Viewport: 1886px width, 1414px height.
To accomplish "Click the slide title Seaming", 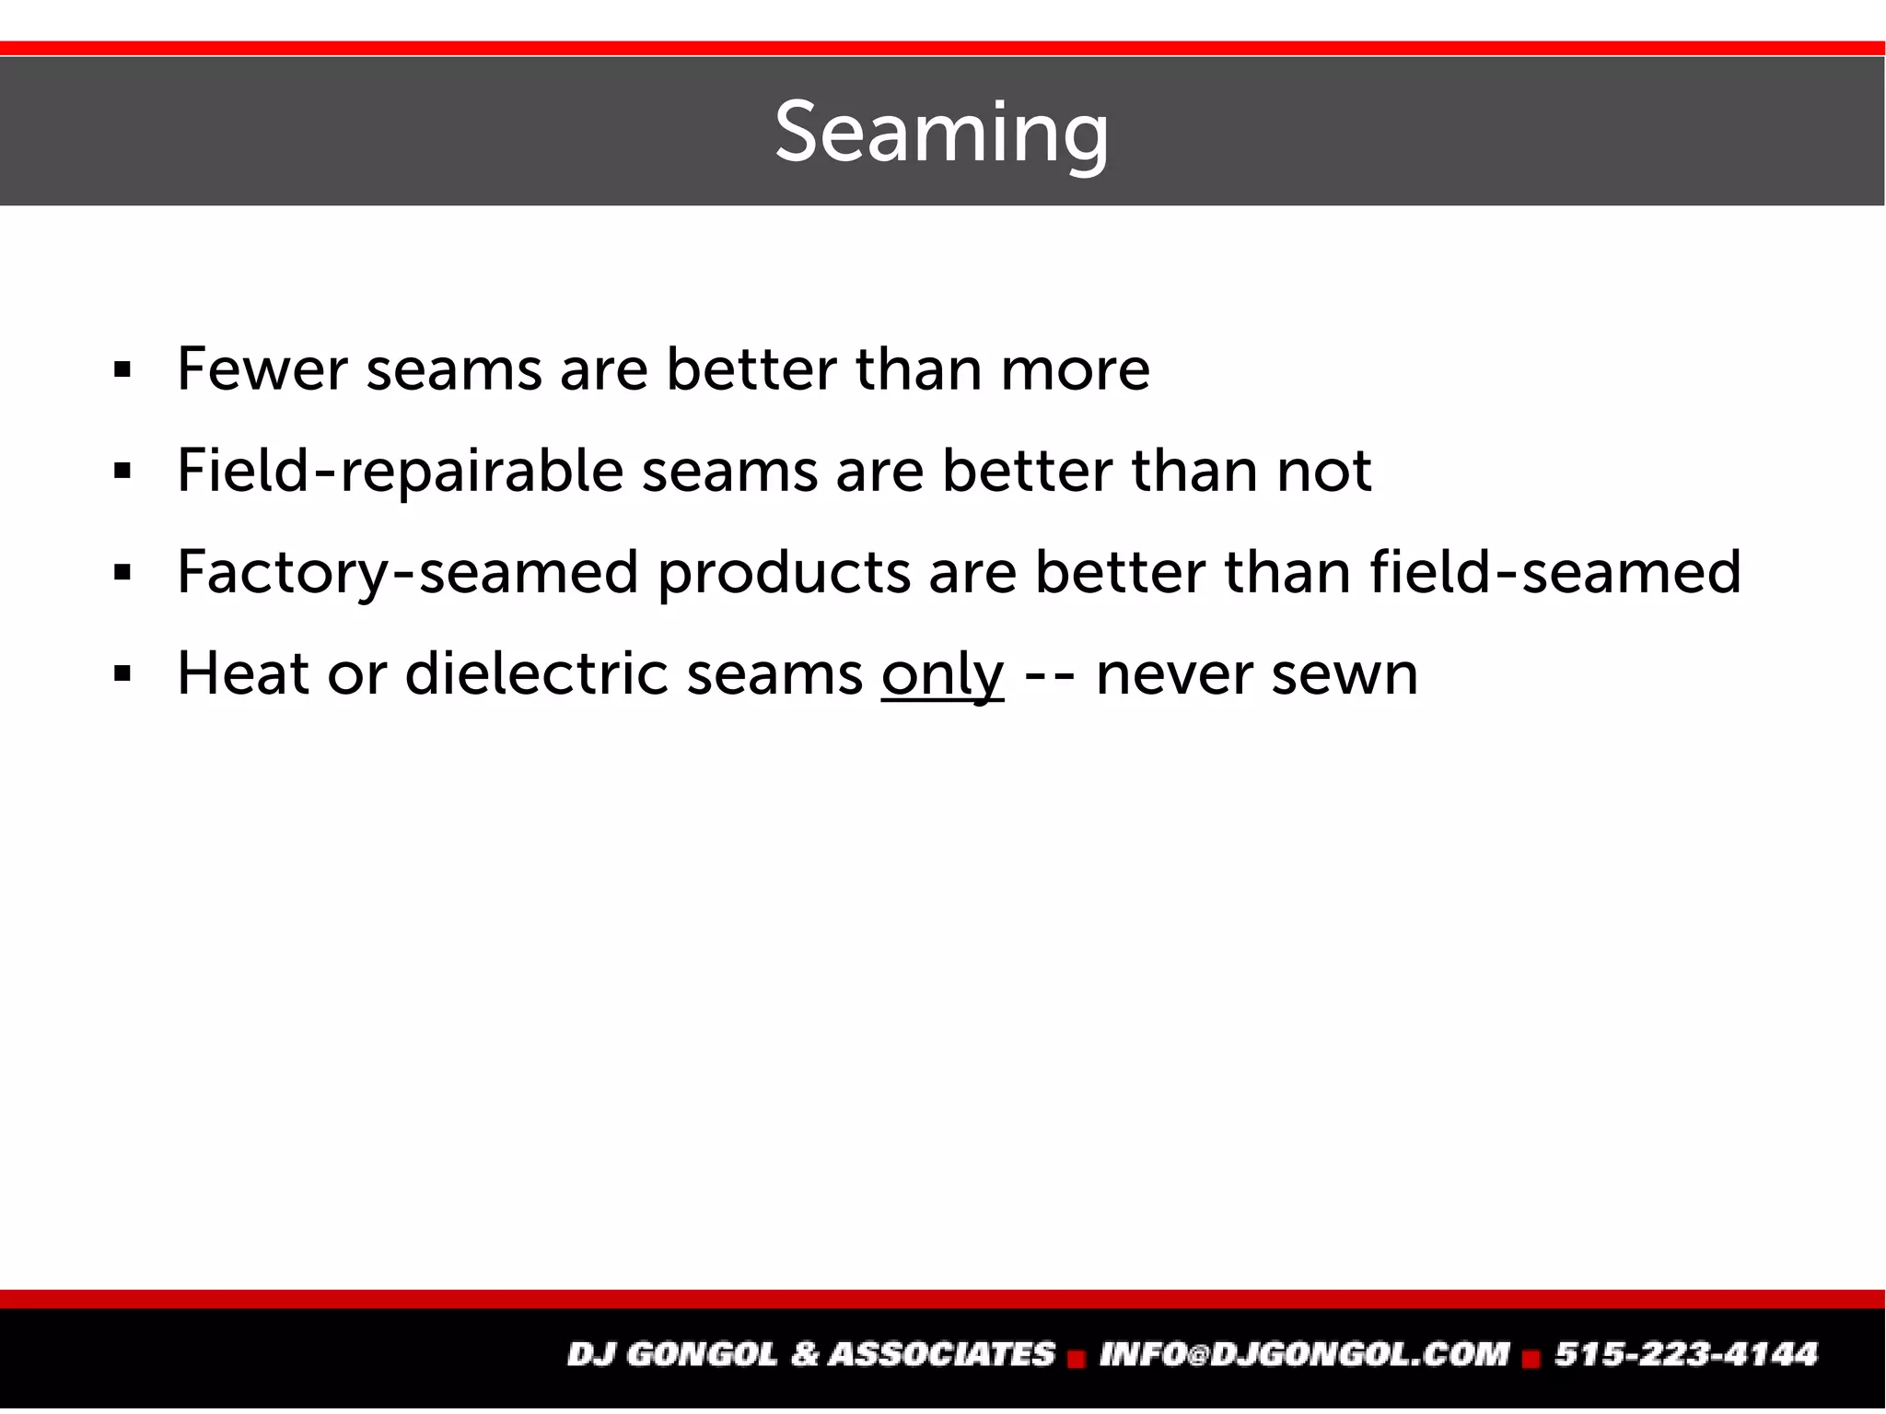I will click(x=941, y=133).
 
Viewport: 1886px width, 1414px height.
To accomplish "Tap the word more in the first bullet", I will click(x=1075, y=370).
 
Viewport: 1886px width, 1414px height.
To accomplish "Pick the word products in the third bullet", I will click(x=784, y=573).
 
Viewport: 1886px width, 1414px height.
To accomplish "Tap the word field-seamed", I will click(x=1555, y=573).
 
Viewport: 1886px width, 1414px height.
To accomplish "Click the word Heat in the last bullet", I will click(x=242, y=674).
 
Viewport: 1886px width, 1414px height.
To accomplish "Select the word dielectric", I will click(x=536, y=674).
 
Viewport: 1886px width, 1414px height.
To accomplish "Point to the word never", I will click(x=1174, y=674).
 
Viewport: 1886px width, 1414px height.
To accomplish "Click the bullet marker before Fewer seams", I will click(x=122, y=371).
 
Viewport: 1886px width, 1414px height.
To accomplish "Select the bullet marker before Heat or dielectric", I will click(x=122, y=675).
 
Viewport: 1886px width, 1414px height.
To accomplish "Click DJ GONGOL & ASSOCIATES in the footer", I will click(x=810, y=1354).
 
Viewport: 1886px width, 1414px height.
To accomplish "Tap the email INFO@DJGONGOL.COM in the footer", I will click(x=1304, y=1354).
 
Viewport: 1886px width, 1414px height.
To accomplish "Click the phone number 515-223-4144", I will click(x=1686, y=1354).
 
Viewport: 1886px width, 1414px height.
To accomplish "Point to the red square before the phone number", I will click(x=1531, y=1358).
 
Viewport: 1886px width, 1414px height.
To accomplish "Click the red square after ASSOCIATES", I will click(x=1077, y=1358).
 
